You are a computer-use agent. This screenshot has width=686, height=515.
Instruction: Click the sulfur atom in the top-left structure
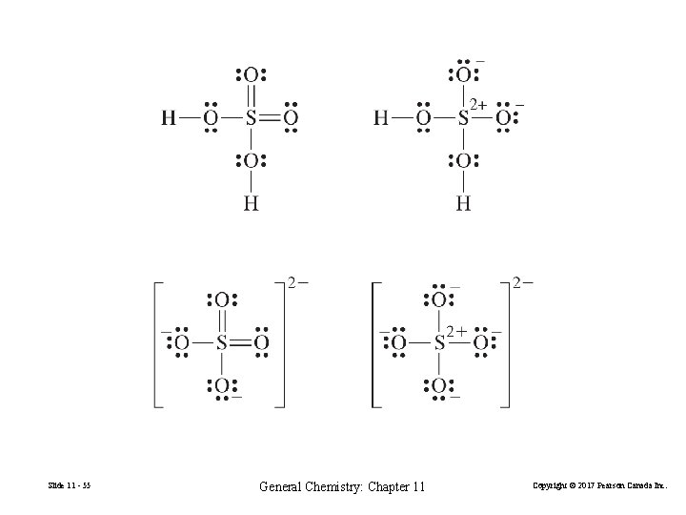click(x=250, y=118)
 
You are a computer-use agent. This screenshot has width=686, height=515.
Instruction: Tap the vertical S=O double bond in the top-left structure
click(x=250, y=96)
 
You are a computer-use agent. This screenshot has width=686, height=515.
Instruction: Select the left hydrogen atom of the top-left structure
click(x=169, y=118)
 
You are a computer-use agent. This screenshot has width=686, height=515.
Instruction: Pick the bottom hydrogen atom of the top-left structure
click(x=250, y=202)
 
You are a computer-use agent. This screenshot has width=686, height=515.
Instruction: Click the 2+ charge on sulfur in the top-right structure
click(x=477, y=103)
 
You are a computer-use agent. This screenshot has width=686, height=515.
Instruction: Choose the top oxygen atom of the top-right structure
click(x=462, y=75)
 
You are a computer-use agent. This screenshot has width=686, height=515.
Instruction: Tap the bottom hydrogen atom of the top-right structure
click(x=463, y=202)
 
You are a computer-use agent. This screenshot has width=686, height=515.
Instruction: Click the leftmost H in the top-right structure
click(x=381, y=118)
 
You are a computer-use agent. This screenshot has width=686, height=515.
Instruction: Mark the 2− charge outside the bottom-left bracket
click(x=298, y=283)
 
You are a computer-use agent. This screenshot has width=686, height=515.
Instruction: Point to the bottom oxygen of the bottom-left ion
click(x=220, y=385)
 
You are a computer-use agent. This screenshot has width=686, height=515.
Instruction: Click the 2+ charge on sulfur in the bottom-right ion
click(x=454, y=330)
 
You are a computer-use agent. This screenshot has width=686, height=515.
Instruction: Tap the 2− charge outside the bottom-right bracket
click(x=522, y=283)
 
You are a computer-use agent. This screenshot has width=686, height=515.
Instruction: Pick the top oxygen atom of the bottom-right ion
click(x=438, y=300)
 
